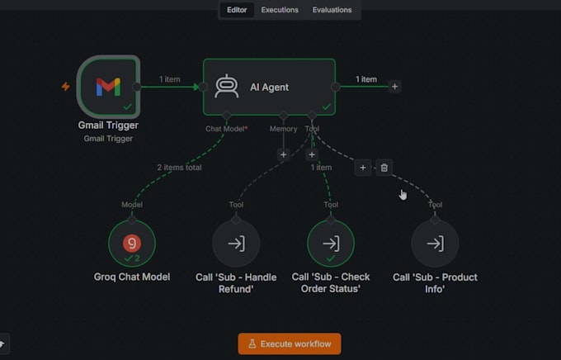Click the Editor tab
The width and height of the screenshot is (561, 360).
point(237,10)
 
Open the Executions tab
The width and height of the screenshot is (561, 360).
point(280,10)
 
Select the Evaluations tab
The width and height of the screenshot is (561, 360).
point(332,10)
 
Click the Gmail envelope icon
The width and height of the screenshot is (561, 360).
point(108,87)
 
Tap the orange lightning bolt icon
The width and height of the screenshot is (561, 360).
point(65,87)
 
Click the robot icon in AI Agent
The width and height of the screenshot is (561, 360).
point(227,86)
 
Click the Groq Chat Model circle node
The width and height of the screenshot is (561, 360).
point(132,244)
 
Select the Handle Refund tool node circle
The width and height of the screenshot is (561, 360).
point(236,244)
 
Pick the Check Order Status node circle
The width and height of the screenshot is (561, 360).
point(331,244)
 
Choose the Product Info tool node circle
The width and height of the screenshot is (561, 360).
point(435,244)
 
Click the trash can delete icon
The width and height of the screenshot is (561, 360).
point(384,168)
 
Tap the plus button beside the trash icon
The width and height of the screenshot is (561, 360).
point(363,168)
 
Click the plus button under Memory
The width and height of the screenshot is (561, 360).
point(283,154)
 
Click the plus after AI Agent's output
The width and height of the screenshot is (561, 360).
point(394,87)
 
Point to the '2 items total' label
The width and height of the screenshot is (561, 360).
point(179,168)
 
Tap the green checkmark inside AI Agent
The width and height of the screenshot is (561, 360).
point(327,107)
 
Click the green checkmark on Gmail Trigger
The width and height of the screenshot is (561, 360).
point(128,107)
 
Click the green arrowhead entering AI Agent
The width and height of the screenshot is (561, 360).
point(196,87)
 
